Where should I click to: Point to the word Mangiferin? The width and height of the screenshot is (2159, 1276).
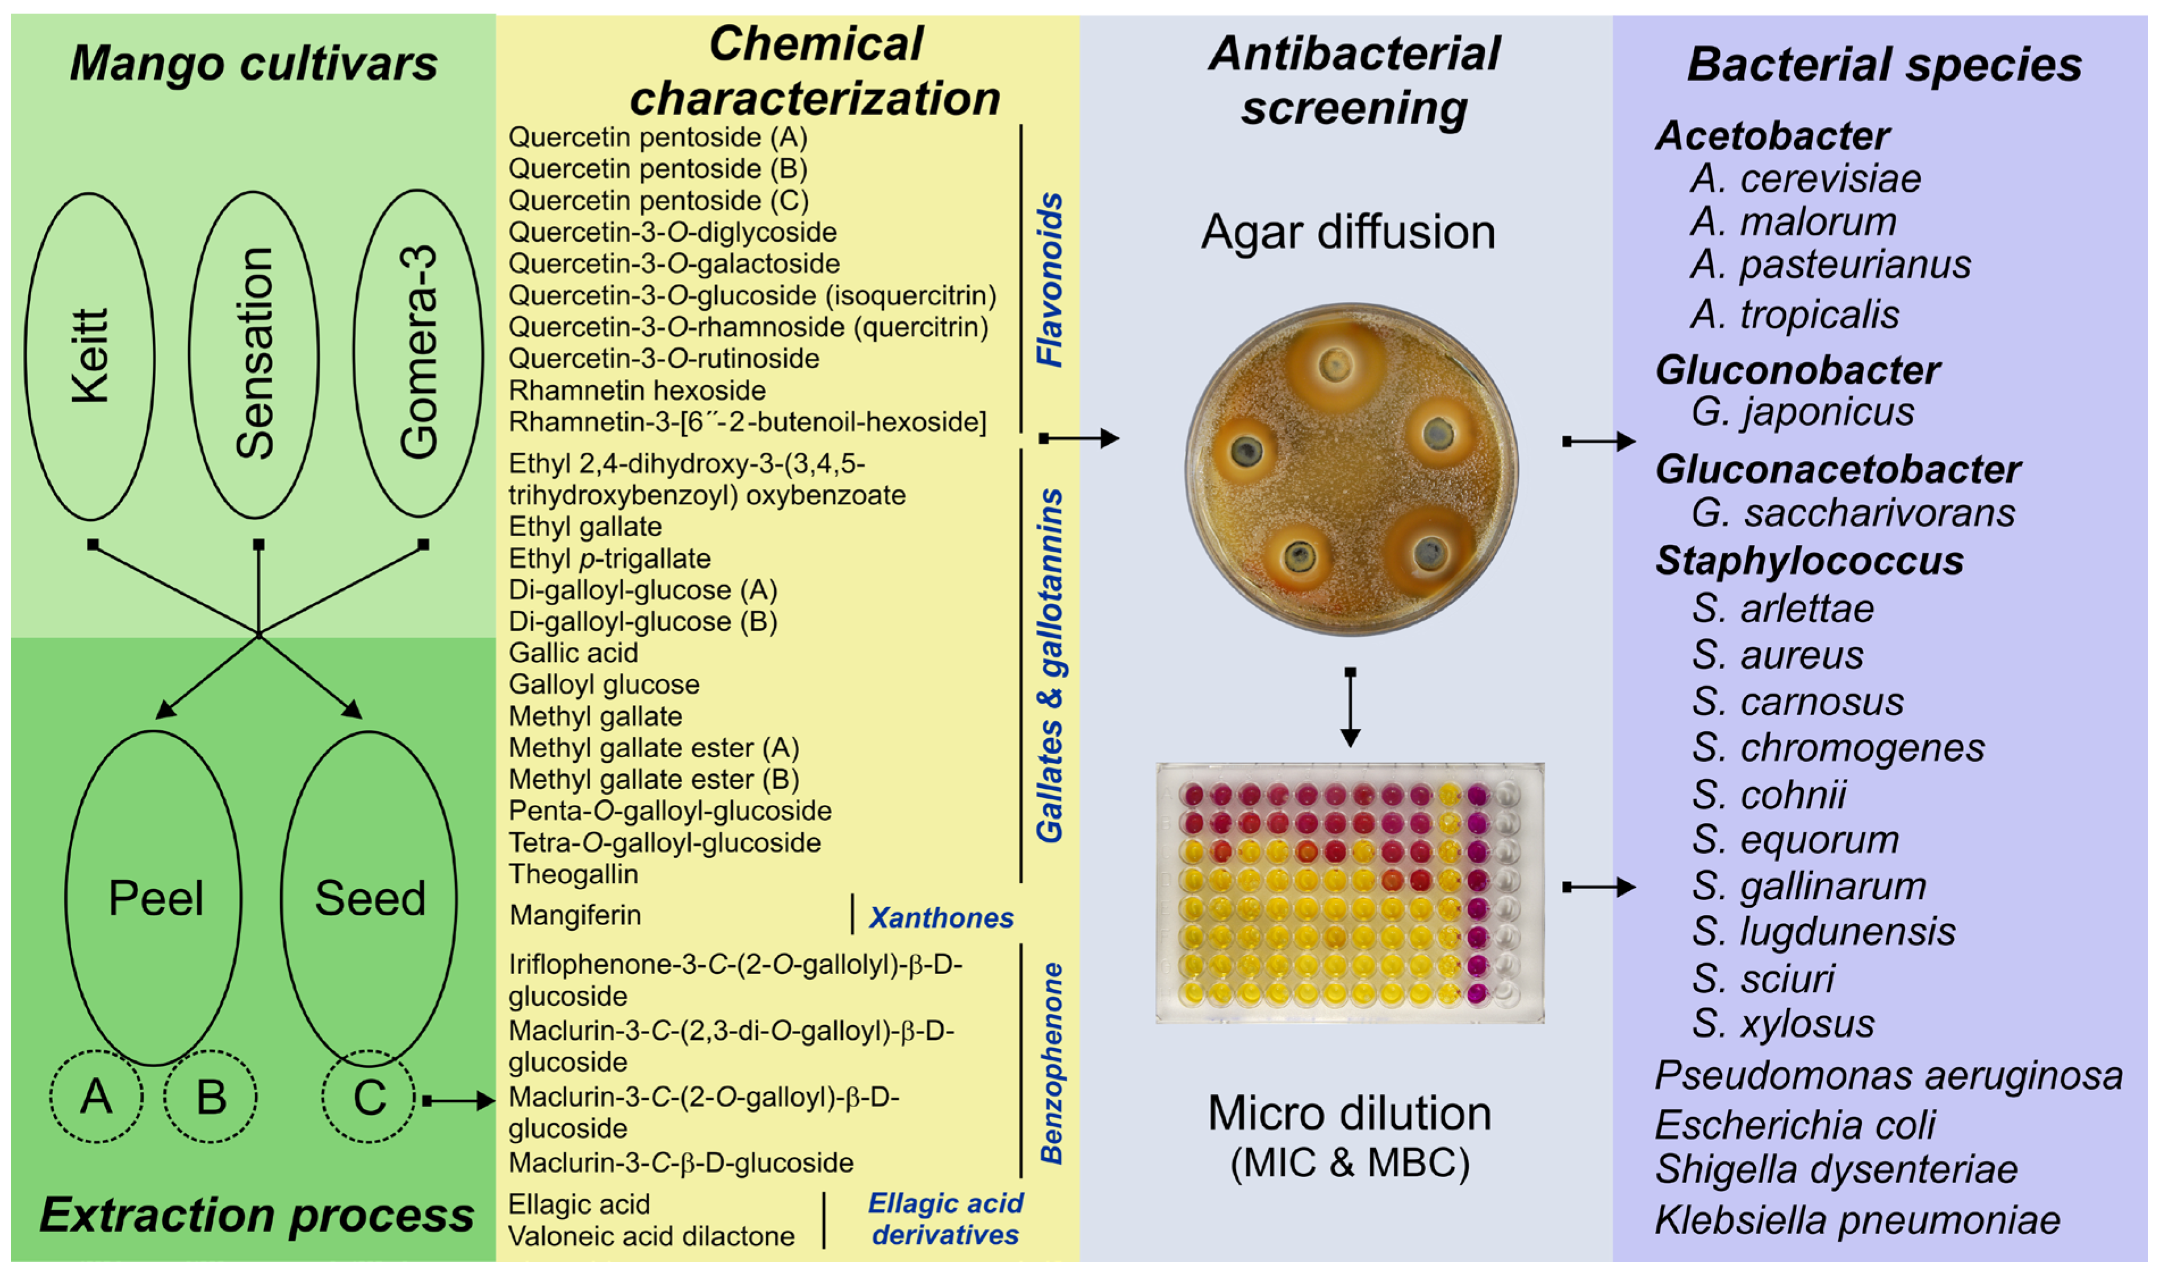(x=575, y=915)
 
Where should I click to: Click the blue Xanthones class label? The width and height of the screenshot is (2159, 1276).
(x=941, y=917)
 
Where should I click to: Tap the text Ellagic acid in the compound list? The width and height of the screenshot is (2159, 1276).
(x=579, y=1204)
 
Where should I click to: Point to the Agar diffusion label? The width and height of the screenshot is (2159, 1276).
(x=1348, y=232)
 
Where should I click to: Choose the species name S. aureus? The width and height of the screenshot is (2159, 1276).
(x=1777, y=655)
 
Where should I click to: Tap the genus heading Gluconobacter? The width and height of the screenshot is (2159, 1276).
(x=1798, y=370)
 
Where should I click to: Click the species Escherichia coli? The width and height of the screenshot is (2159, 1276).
(x=1794, y=1124)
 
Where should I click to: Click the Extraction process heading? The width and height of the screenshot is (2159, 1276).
(x=256, y=1215)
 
